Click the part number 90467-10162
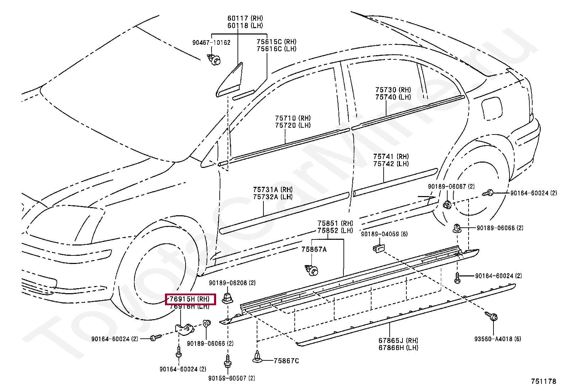click(212, 43)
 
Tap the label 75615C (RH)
click(276, 42)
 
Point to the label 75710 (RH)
click(293, 118)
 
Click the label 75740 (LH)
click(393, 97)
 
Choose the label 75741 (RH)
click(391, 157)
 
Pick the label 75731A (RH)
click(273, 190)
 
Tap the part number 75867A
click(314, 249)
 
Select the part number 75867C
click(286, 361)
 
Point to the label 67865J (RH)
click(398, 340)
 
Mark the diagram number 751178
click(543, 381)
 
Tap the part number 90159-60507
click(232, 378)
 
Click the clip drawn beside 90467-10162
click(214, 60)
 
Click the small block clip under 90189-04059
click(378, 248)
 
